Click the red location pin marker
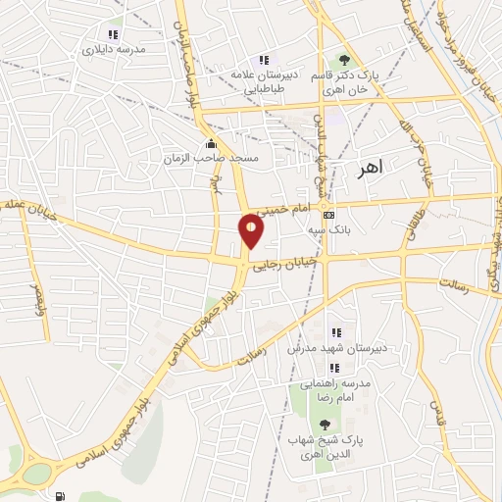click(251, 230)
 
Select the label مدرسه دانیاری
click(114, 48)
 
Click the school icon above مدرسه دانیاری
click(114, 34)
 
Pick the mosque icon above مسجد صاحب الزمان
click(212, 143)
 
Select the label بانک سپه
click(328, 229)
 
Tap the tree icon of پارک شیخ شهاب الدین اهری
click(325, 425)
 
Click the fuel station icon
click(62, 497)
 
